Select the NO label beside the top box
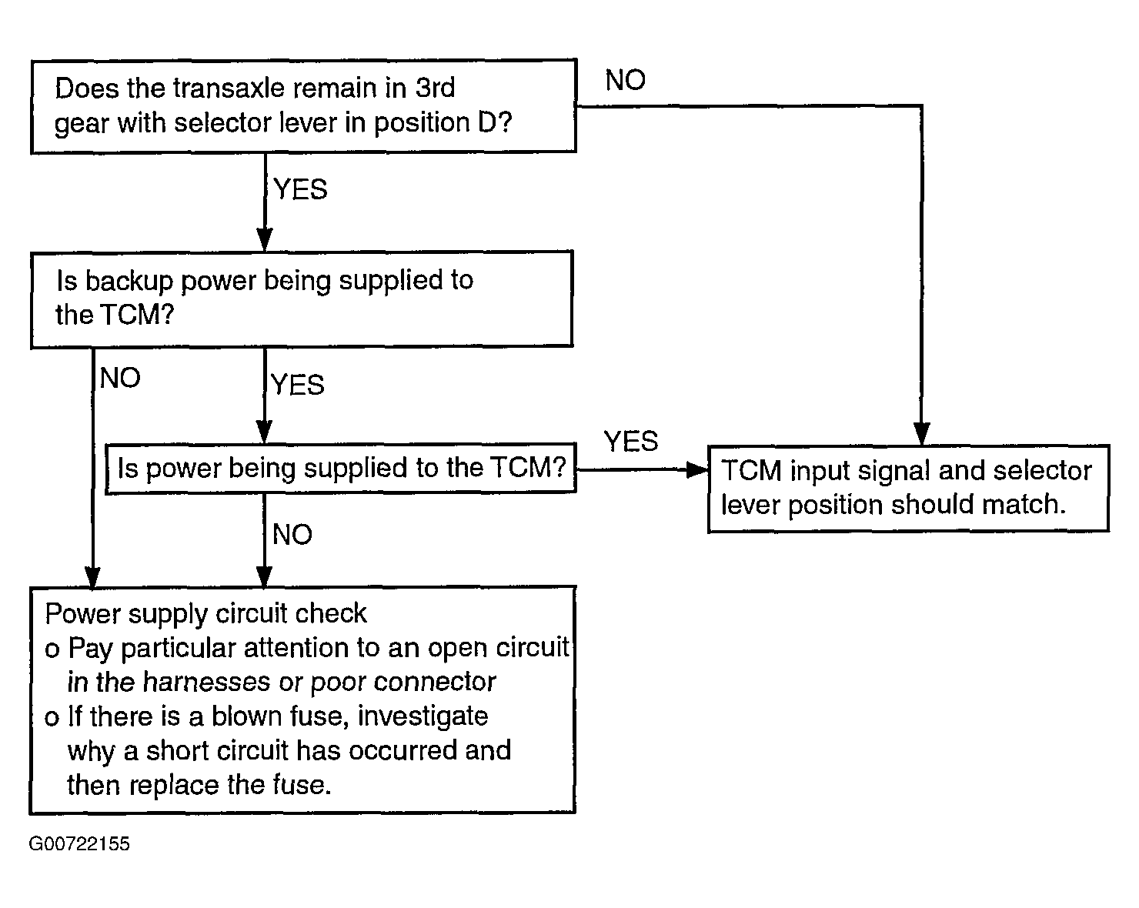point(625,80)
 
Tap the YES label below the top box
point(300,189)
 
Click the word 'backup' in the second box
point(129,280)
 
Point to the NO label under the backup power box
point(120,378)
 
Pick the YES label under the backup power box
point(298,384)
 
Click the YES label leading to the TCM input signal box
point(631,441)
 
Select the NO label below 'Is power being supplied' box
point(292,534)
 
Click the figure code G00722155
point(78,843)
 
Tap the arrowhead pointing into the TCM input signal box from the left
point(697,469)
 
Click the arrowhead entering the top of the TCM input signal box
point(921,434)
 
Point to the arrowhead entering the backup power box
point(265,240)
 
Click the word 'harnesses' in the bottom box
point(206,682)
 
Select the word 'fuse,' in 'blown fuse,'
point(319,716)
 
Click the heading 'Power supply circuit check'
point(206,614)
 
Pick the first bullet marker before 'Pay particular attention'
point(52,649)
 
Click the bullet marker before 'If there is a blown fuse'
point(52,719)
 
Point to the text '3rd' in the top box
point(435,87)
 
